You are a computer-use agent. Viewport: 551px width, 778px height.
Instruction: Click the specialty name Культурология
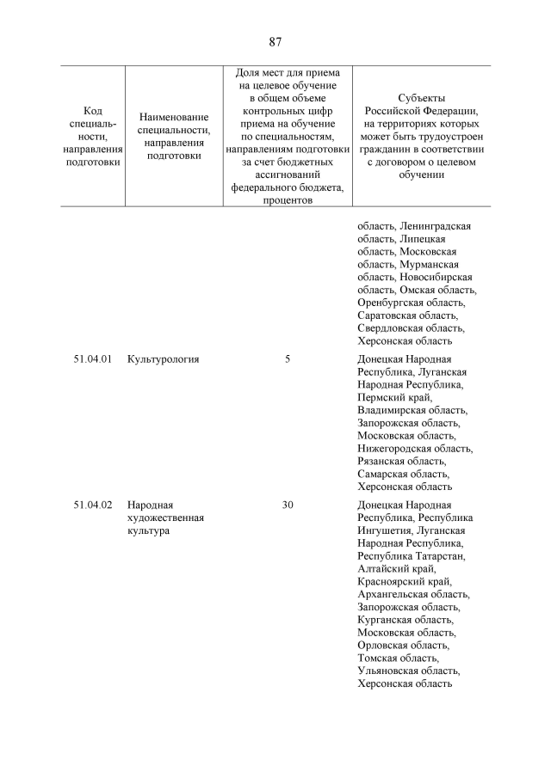163,359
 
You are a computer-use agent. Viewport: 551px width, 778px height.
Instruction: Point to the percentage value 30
288,505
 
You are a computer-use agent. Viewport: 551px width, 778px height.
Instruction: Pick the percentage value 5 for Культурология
288,359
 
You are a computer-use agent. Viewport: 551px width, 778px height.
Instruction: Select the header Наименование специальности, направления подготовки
174,137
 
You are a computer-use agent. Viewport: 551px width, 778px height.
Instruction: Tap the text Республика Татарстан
412,556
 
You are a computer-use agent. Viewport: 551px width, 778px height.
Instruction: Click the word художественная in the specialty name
165,518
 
